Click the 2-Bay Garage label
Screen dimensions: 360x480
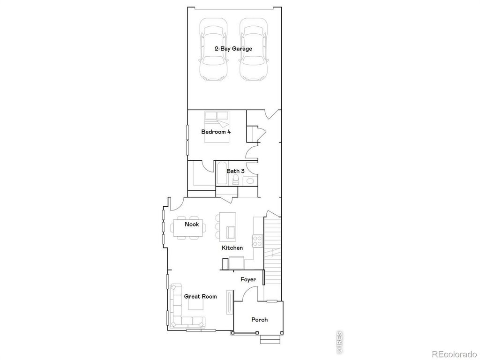click(x=233, y=49)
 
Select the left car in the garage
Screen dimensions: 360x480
click(x=213, y=49)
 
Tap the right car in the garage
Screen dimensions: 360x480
click(x=253, y=49)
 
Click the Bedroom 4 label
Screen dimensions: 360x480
click(x=216, y=132)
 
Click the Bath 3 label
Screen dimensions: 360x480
click(x=235, y=171)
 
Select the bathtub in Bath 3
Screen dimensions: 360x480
click(x=221, y=174)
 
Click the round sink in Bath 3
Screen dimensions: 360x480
click(x=250, y=180)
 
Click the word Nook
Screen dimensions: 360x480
click(x=191, y=224)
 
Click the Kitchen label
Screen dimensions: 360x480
click(x=232, y=247)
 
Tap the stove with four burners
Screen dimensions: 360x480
click(x=257, y=240)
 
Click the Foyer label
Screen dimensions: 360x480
click(x=248, y=279)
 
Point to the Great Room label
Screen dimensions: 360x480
click(x=200, y=296)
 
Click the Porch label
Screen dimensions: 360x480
click(x=259, y=320)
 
